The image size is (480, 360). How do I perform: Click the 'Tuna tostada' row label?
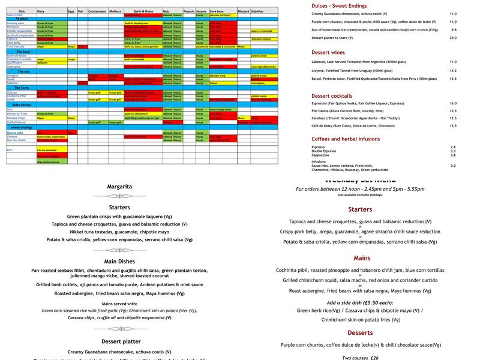16,47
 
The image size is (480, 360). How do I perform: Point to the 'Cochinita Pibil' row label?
17,96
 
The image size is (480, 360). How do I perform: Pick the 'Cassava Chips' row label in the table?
17,118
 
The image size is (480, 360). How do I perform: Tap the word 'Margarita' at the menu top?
119,186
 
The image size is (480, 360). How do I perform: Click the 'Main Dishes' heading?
119,261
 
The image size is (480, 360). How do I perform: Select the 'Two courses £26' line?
360,358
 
